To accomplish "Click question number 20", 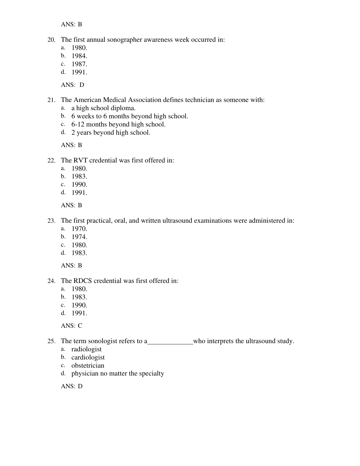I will coord(51,40).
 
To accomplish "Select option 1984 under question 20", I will coord(79,56).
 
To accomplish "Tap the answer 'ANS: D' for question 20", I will coord(73,85).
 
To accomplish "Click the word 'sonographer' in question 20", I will coord(125,40).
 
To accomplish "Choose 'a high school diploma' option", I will coord(103,108).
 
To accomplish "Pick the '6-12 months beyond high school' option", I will coord(118,124).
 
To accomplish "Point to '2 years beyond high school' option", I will coord(111,133).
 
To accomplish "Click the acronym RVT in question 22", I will coord(80,160).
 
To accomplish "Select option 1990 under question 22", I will coord(79,185).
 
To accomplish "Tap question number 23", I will coord(51,221).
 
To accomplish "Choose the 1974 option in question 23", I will coord(79,237).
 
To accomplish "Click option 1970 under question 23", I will coord(79,229).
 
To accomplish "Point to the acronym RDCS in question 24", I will coord(83,281).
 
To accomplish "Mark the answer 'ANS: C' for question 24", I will coord(72,326).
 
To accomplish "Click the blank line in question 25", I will coord(170,343).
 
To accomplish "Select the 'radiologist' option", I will coord(87,349).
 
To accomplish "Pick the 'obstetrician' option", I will coord(88,366).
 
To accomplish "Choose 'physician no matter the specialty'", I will coord(118,373).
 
